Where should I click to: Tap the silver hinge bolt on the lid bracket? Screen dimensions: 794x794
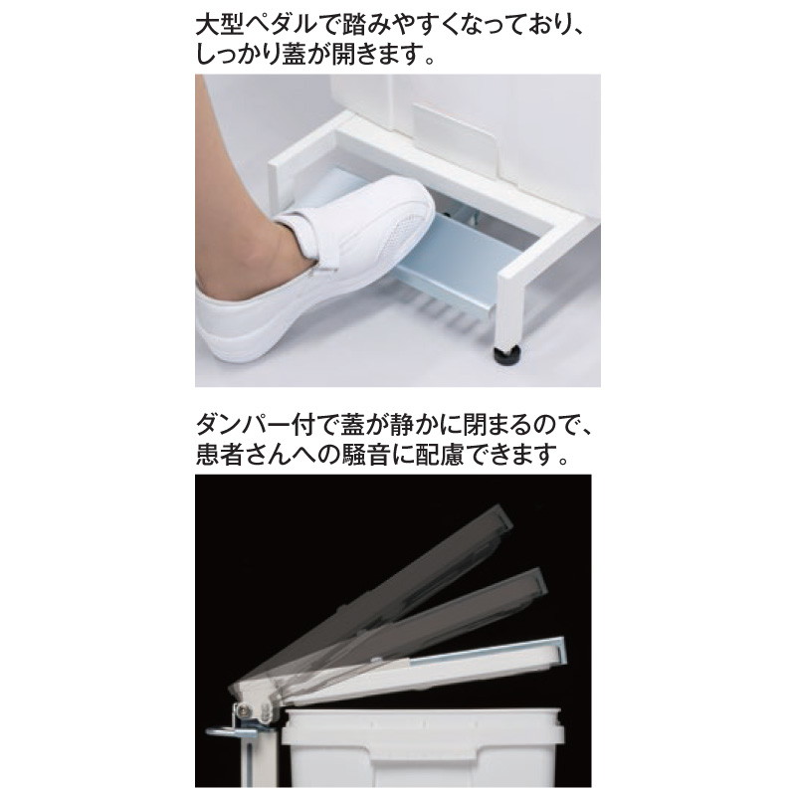point(246,710)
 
